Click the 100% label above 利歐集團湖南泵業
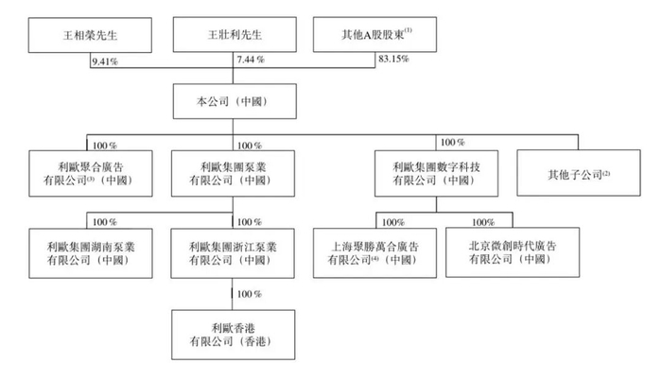pos(105,221)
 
